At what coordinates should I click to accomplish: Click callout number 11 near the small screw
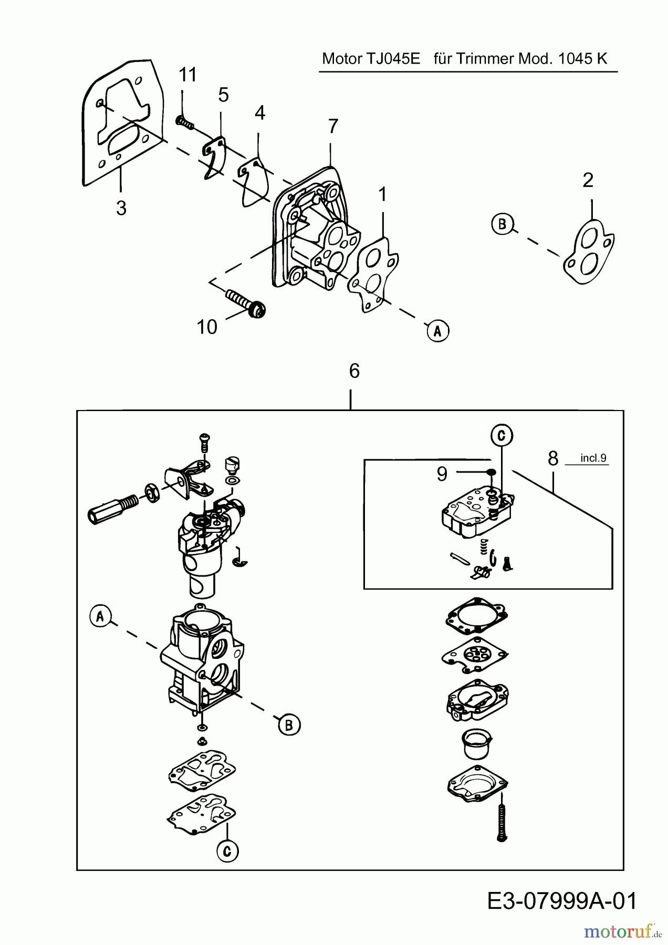187,75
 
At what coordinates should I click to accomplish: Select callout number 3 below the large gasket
121,208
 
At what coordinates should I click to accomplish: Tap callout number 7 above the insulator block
333,127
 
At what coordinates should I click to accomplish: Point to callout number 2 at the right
588,180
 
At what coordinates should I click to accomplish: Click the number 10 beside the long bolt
207,327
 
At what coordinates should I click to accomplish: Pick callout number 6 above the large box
354,371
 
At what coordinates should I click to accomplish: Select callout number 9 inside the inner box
442,474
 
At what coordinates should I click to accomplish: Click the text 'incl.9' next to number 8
593,458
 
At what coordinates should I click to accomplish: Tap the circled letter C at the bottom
227,851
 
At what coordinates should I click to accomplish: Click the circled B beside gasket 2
502,224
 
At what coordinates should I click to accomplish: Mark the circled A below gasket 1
438,331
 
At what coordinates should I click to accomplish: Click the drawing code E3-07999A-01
562,901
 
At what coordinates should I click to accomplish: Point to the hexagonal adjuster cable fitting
112,508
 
